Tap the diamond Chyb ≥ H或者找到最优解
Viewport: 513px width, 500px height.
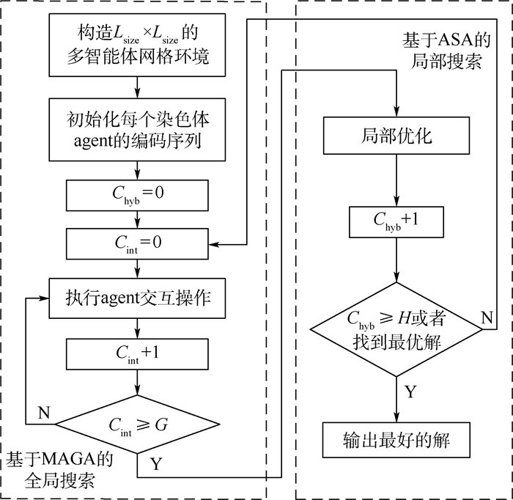click(x=396, y=329)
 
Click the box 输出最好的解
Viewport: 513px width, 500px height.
click(x=396, y=440)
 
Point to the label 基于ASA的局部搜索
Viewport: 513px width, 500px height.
click(x=442, y=51)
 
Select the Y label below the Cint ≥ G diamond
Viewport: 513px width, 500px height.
click(x=156, y=463)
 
